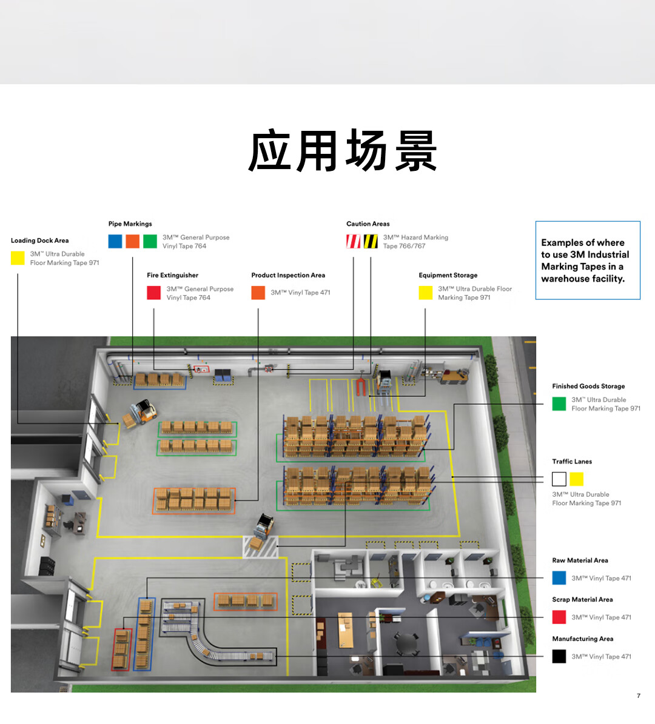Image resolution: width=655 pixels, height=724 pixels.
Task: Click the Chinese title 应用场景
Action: point(343,151)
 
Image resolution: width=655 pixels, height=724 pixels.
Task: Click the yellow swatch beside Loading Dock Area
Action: point(18,258)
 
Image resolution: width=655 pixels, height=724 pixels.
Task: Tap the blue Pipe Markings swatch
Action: point(115,241)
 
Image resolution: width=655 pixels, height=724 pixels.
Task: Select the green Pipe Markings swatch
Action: point(150,241)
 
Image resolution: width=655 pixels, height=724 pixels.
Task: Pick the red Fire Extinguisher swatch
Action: point(153,293)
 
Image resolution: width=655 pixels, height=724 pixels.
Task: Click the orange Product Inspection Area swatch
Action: point(258,293)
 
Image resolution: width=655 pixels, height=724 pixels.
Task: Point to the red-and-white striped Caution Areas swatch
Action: point(353,241)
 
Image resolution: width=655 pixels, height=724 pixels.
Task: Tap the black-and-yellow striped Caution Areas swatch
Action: point(371,241)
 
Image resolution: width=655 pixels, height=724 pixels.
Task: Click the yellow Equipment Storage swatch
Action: point(426,293)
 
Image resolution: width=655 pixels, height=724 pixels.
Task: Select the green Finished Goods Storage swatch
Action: point(559,404)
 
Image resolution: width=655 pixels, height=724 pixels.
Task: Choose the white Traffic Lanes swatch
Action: point(559,479)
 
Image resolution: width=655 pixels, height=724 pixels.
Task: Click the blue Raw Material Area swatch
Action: point(559,578)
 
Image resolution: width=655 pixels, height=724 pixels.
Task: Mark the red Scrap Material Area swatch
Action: point(559,617)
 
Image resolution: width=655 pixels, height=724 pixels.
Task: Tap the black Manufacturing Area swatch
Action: point(559,656)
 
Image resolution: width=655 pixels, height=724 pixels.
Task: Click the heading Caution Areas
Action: point(368,224)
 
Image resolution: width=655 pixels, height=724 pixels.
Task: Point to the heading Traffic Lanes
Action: point(572,462)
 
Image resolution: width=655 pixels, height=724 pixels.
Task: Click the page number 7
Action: point(639,696)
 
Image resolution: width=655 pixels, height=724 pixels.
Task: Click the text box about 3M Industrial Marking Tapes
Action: point(588,261)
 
